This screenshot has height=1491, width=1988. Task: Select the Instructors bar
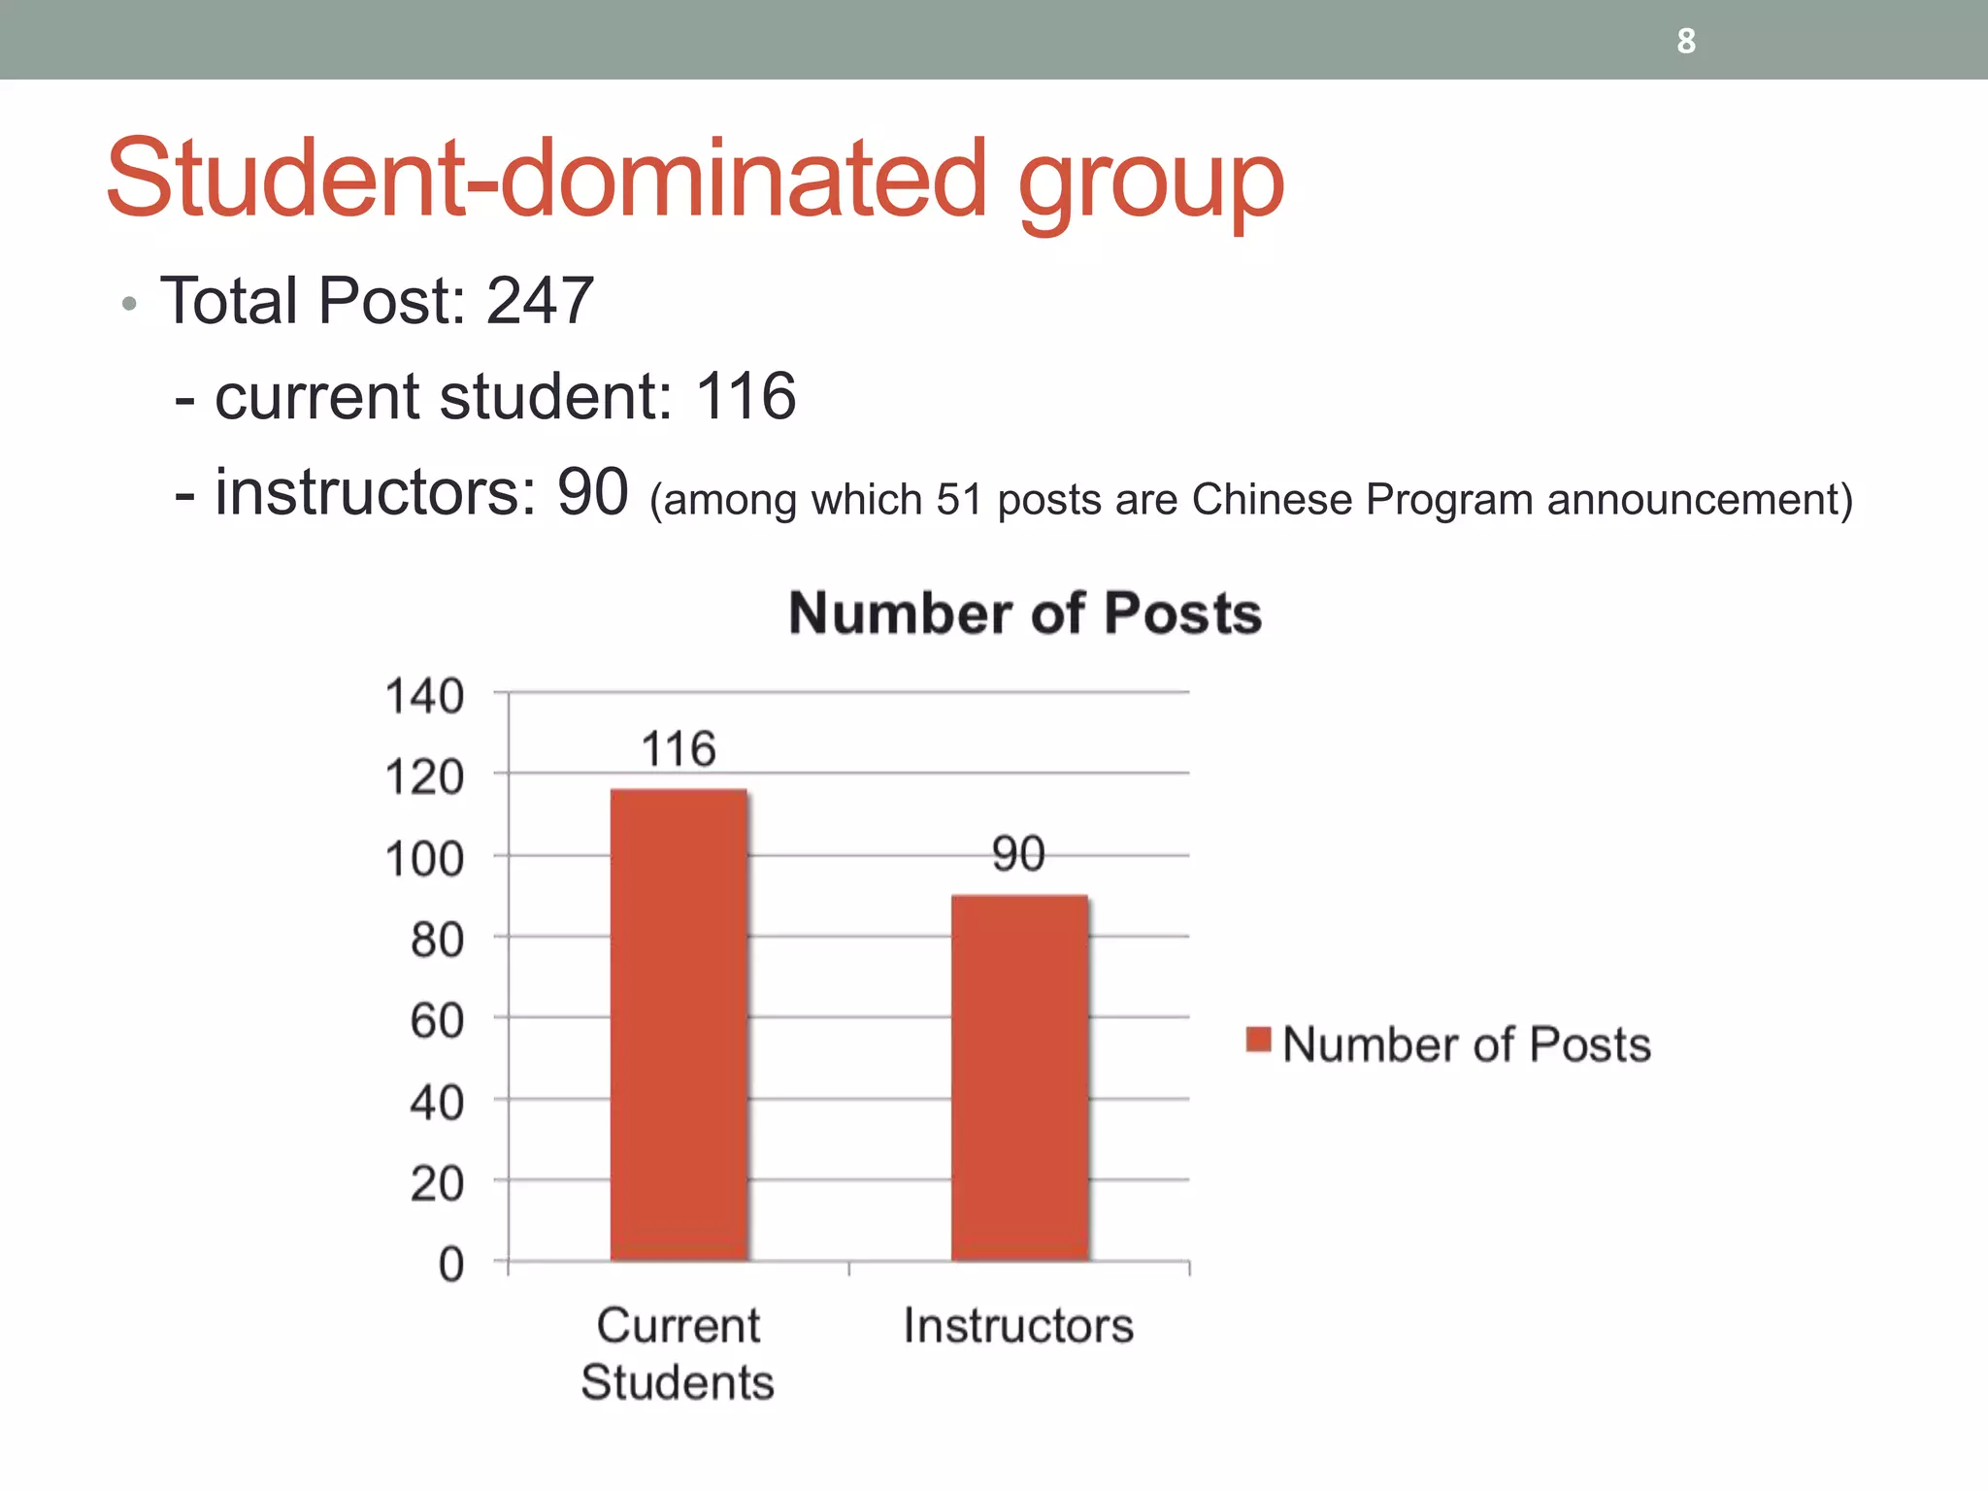click(1019, 1077)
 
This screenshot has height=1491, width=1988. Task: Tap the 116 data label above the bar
click(679, 749)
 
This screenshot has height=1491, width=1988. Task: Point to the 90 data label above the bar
click(1018, 854)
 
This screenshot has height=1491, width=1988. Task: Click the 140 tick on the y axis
click(425, 696)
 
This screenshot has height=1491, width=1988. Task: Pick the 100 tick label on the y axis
click(425, 859)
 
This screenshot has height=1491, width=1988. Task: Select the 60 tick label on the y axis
click(437, 1021)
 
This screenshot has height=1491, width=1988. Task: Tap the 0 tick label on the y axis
click(451, 1265)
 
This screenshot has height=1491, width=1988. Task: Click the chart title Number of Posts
click(1025, 613)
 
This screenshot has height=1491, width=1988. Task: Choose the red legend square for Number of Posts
click(1259, 1040)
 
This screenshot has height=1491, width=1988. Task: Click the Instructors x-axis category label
click(1018, 1326)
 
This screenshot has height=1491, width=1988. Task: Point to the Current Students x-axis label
click(679, 1353)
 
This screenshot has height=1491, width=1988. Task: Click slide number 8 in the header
click(1686, 41)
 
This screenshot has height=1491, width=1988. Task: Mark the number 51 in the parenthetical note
click(958, 500)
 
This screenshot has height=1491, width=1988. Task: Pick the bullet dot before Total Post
click(129, 305)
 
